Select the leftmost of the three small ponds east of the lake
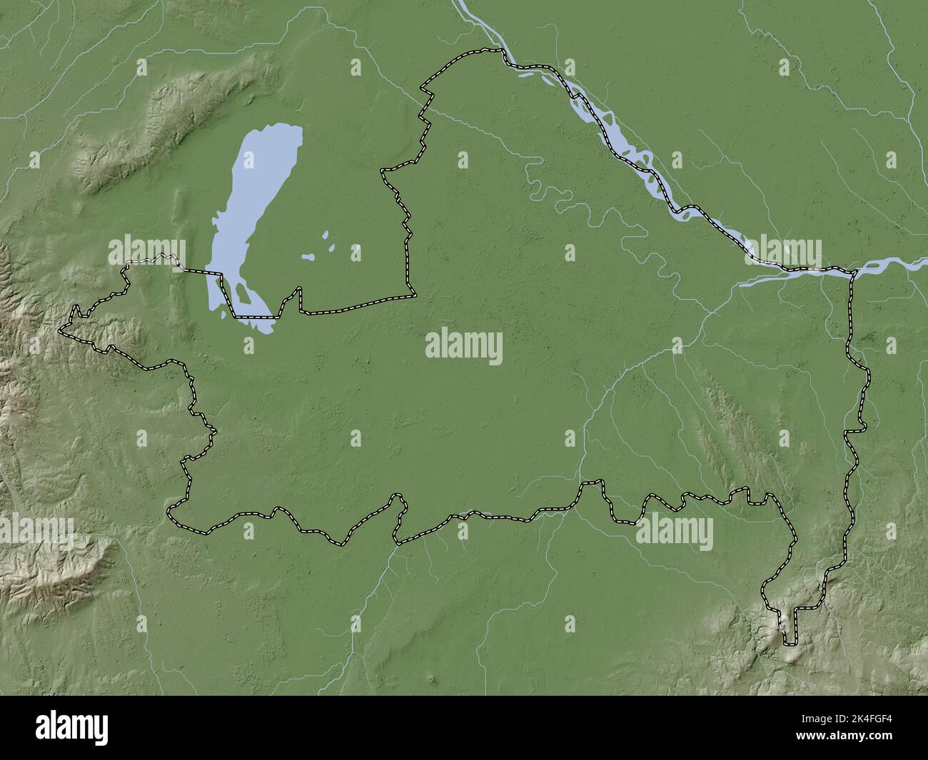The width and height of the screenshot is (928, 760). [x=309, y=257]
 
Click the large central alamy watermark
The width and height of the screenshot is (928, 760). [x=463, y=348]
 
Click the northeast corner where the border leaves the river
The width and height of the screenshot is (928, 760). [x=852, y=272]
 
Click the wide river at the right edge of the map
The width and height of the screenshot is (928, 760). [x=917, y=263]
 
